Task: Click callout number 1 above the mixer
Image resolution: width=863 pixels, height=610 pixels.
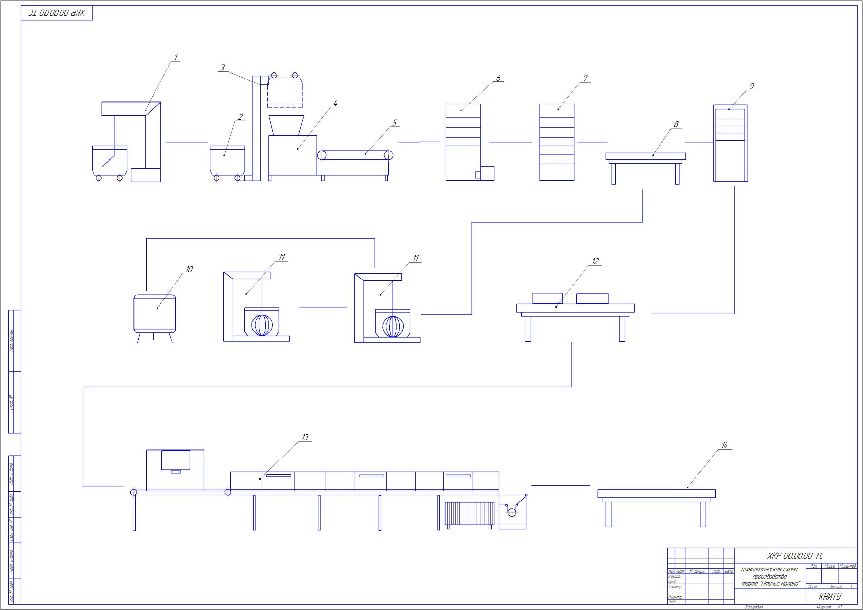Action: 176,58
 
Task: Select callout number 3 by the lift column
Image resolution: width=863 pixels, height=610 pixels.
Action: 222,68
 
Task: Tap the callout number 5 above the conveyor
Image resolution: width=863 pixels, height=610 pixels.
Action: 394,123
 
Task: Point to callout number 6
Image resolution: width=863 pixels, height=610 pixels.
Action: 498,78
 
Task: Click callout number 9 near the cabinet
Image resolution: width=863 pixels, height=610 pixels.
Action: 752,86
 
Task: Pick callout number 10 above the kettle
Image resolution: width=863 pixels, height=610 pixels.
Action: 189,270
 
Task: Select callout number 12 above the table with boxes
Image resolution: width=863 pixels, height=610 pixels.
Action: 595,261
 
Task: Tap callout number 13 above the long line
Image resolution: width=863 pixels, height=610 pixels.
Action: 305,437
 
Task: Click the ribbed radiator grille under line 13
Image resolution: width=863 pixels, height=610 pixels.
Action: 470,513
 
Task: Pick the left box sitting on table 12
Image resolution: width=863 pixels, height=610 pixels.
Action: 547,298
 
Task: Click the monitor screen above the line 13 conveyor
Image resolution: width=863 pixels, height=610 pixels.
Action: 176,460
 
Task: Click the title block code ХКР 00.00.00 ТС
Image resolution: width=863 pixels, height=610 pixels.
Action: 795,556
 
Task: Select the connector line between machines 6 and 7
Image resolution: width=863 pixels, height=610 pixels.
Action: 510,142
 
